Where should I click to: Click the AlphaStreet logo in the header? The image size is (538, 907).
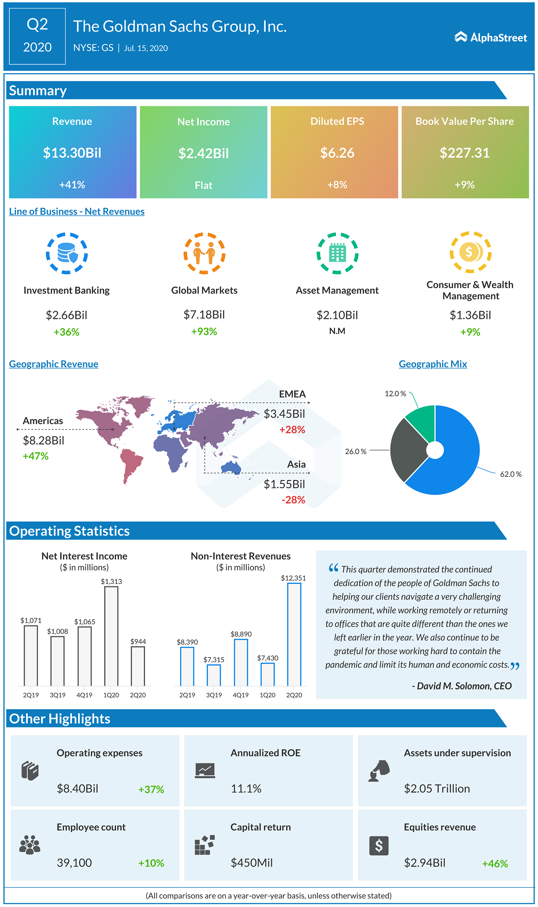tap(491, 37)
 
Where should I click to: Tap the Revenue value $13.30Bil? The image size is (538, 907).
tap(72, 153)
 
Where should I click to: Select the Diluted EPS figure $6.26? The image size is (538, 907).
tap(337, 153)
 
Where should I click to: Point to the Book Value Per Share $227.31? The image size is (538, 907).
tap(464, 153)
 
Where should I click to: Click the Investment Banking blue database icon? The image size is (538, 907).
tap(67, 253)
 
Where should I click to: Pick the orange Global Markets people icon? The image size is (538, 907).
tap(204, 253)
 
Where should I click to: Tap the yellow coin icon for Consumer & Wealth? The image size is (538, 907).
tap(470, 252)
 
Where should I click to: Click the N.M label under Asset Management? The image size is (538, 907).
tap(337, 331)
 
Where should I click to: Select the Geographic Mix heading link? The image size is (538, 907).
tap(433, 364)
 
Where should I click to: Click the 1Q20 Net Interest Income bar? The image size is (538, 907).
tap(111, 636)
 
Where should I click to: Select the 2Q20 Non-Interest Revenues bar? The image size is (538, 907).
tap(294, 634)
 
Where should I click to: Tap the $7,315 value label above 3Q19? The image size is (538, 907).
tap(214, 660)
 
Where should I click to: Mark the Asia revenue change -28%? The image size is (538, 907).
tap(293, 500)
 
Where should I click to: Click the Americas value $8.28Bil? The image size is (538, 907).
tap(43, 440)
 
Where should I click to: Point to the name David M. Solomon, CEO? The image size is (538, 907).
tap(462, 686)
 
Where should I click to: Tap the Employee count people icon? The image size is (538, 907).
tap(30, 845)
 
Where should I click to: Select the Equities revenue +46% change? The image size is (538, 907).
tap(495, 864)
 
